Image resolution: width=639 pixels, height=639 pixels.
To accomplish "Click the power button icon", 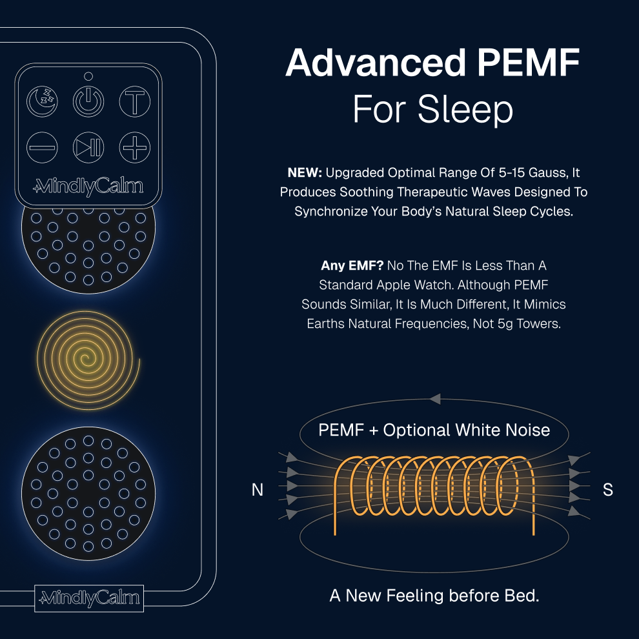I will (x=88, y=101).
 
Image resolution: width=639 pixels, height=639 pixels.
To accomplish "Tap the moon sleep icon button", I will (x=42, y=101).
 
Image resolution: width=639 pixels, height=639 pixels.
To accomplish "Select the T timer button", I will (x=135, y=101).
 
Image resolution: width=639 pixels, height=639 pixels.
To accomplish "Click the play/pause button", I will (x=88, y=147).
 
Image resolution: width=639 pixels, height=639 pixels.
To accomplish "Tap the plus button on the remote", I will (x=135, y=147).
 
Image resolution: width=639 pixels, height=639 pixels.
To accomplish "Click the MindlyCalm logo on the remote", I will (x=88, y=187).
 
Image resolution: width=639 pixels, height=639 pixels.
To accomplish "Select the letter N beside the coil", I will (x=258, y=491).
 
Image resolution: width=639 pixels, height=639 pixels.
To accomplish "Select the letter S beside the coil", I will (x=607, y=490).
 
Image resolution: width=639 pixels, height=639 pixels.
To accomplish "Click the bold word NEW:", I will (x=305, y=173).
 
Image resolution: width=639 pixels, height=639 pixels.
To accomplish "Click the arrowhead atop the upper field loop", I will (x=435, y=399).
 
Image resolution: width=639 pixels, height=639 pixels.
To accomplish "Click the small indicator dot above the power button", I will (x=88, y=76).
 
